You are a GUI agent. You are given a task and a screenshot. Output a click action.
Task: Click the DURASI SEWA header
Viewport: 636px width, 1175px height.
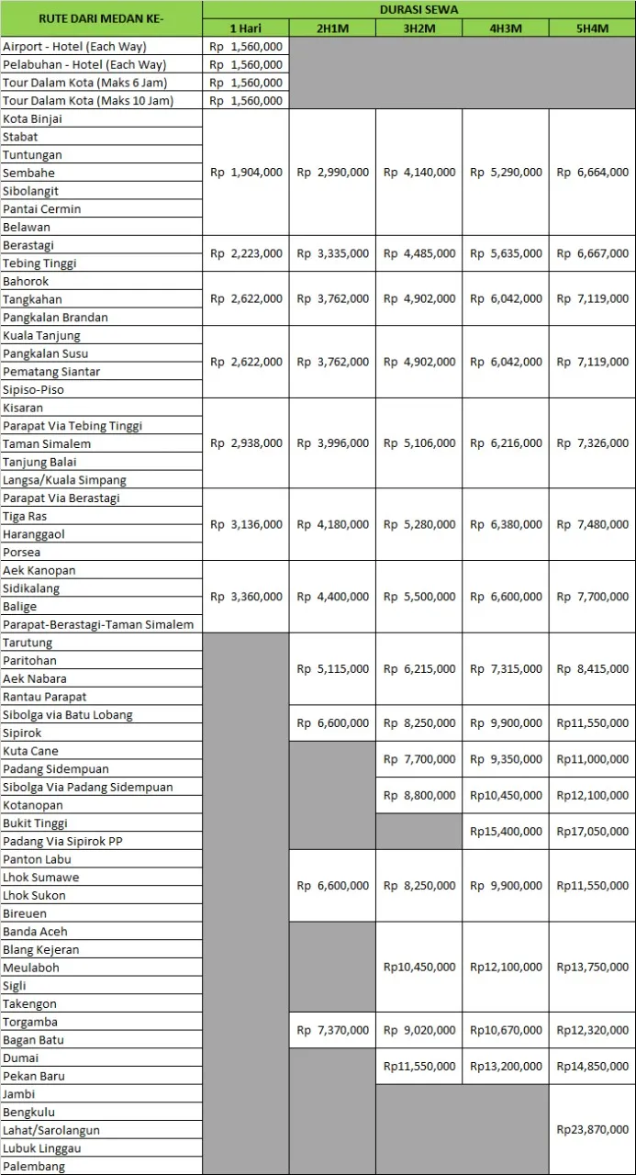[418, 9]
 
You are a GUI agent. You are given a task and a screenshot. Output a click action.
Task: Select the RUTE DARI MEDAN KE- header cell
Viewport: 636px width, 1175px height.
[101, 18]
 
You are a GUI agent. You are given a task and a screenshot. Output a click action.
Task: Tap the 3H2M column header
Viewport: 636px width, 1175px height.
[418, 28]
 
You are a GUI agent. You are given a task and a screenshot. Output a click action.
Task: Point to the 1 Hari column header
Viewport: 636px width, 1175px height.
[246, 28]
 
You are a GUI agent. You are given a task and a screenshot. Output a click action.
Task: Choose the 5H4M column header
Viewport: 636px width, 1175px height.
[592, 28]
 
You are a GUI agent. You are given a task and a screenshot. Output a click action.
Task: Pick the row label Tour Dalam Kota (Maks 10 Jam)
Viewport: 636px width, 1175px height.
[88, 101]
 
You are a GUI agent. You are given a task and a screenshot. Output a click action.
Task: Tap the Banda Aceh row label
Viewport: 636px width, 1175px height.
[35, 932]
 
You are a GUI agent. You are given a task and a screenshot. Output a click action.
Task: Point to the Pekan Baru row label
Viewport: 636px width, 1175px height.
[34, 1076]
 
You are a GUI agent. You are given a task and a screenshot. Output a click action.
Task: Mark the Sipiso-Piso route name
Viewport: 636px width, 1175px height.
[33, 390]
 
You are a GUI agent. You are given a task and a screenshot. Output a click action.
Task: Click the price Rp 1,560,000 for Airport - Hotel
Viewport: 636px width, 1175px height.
[246, 47]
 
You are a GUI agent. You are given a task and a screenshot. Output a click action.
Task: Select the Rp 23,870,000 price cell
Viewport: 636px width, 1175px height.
[592, 1130]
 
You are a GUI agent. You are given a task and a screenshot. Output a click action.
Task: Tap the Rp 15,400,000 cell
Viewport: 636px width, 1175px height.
[506, 832]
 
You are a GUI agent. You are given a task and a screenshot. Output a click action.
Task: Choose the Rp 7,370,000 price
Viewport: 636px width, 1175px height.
[332, 1031]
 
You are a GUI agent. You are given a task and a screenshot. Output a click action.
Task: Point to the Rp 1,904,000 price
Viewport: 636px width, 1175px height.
[246, 173]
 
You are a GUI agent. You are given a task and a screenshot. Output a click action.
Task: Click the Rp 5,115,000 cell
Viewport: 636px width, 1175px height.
[332, 669]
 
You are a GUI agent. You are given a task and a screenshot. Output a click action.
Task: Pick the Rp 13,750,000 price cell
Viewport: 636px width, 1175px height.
[592, 968]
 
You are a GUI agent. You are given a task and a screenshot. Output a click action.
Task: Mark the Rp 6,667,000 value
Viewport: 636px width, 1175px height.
[592, 254]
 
